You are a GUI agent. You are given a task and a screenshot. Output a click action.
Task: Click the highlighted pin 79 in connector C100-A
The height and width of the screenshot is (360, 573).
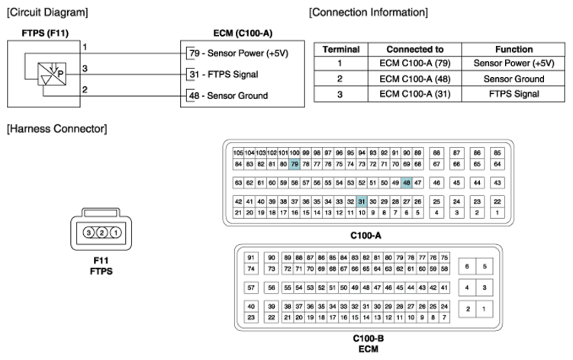tap(295, 164)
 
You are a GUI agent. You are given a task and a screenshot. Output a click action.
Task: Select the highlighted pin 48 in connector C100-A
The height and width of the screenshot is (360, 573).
tap(407, 183)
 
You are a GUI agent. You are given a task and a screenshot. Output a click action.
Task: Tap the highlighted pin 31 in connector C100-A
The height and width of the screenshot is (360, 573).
tap(362, 201)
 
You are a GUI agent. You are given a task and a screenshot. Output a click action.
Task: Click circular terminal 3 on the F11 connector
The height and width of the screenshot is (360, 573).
tap(89, 233)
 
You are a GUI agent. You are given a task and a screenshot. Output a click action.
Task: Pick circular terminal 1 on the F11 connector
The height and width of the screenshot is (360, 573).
tap(115, 233)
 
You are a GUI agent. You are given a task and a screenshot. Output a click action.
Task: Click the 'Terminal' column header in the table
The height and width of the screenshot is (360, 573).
tap(341, 50)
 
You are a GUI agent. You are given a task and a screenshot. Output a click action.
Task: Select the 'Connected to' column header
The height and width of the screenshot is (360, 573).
tap(415, 50)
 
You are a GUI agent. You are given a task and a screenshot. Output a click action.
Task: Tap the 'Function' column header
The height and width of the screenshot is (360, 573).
tap(513, 50)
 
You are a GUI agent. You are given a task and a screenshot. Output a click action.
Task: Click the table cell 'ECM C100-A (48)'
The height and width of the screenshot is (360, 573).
tap(415, 79)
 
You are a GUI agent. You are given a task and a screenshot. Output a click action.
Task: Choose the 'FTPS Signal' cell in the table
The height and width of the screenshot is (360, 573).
tap(513, 94)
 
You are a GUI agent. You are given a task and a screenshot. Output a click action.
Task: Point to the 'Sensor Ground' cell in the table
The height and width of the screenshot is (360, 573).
tap(513, 79)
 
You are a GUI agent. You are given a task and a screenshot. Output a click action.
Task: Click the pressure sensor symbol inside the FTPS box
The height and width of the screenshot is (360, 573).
tap(52, 74)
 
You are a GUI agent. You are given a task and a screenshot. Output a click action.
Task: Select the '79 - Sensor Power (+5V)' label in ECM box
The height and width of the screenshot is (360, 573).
tap(239, 53)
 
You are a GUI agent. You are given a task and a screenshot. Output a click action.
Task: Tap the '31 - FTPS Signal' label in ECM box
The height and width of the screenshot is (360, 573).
tap(224, 75)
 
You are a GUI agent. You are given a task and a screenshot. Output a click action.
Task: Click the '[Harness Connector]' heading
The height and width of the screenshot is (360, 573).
tap(57, 129)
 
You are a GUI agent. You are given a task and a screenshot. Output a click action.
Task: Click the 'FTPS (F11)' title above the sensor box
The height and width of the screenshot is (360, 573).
tap(45, 34)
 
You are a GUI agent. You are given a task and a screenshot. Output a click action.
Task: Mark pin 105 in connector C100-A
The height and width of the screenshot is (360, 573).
tap(238, 153)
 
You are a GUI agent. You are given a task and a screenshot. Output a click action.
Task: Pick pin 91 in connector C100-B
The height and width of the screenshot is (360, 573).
tap(251, 258)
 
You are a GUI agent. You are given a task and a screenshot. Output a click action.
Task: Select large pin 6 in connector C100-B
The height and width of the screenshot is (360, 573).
tap(467, 266)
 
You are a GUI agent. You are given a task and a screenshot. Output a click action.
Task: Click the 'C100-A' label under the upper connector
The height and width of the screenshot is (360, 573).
tap(365, 236)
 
